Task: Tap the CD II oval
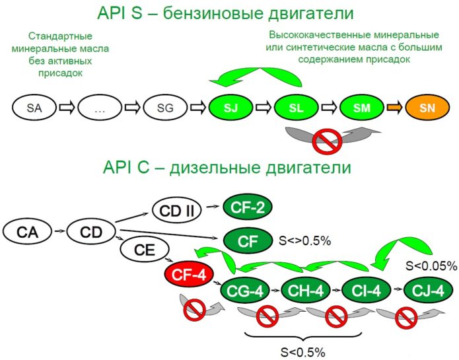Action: coord(176,211)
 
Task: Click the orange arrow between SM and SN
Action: coord(395,106)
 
